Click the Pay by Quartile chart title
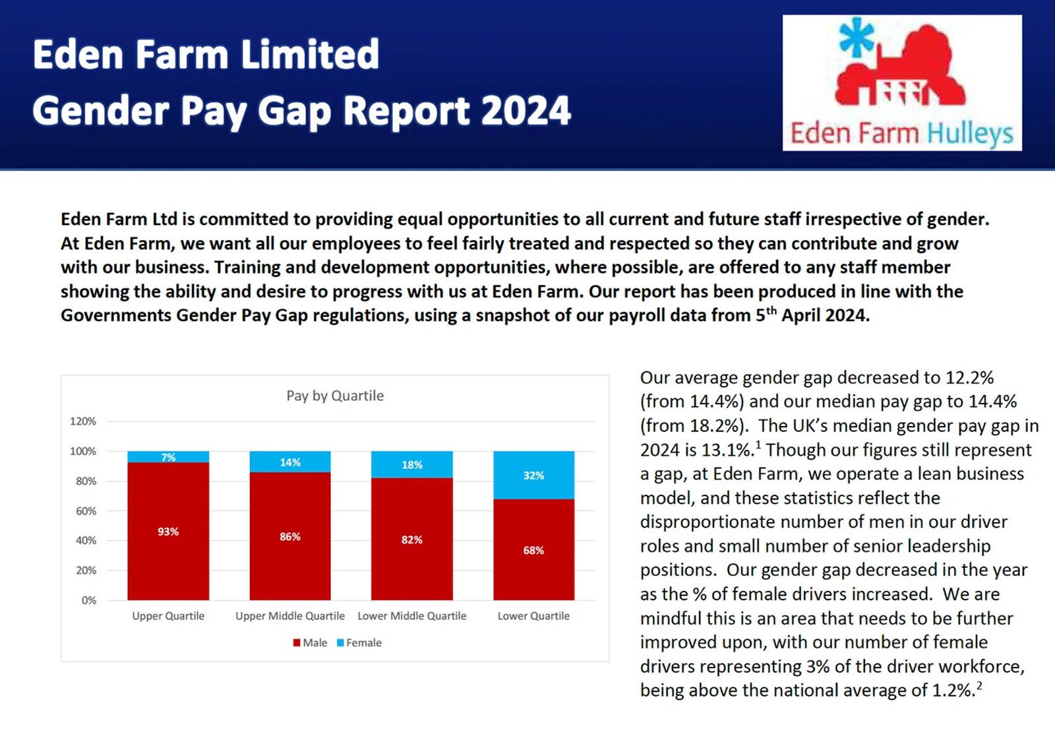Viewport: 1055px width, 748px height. click(335, 396)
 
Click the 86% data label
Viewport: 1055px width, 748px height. click(290, 537)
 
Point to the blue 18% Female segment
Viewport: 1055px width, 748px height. click(412, 465)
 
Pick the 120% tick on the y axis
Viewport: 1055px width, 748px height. click(83, 421)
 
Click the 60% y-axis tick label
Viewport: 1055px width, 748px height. click(86, 511)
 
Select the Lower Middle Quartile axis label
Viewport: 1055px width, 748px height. click(412, 616)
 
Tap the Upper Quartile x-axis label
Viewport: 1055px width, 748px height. click(168, 616)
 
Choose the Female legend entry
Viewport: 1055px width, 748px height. click(359, 643)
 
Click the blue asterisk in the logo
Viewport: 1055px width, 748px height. click(856, 37)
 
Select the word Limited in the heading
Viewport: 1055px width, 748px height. click(310, 54)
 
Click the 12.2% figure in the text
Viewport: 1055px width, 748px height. click(969, 378)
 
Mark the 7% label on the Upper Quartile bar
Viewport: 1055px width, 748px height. click(168, 457)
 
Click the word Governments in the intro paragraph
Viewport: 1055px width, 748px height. click(116, 316)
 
